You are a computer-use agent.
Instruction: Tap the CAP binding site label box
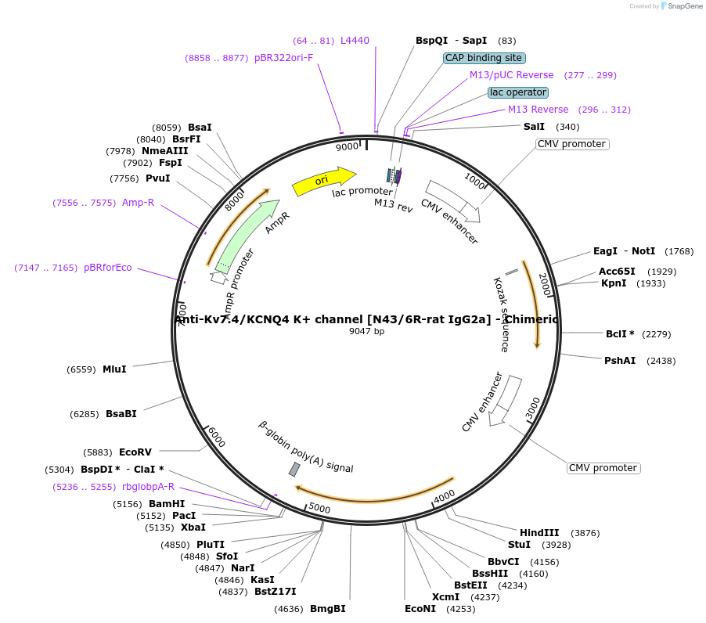click(484, 58)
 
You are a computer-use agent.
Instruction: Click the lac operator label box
click(518, 92)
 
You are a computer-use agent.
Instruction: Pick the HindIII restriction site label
click(539, 533)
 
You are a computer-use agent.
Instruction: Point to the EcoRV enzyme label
click(135, 452)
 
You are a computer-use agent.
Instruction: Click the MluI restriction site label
click(114, 369)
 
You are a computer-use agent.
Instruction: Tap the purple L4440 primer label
click(355, 41)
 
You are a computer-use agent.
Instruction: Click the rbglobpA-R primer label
click(149, 487)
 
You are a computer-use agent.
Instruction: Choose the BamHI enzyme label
click(167, 504)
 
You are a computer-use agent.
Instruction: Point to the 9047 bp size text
click(367, 331)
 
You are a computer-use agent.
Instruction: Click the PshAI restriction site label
click(620, 361)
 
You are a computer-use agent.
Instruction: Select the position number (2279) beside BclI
click(656, 334)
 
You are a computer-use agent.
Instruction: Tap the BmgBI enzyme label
click(327, 609)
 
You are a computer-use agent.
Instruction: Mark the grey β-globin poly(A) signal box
click(294, 469)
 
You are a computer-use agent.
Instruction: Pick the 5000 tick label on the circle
click(320, 509)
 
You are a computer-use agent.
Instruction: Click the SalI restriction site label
click(534, 127)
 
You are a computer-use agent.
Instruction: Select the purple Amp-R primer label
click(138, 203)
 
